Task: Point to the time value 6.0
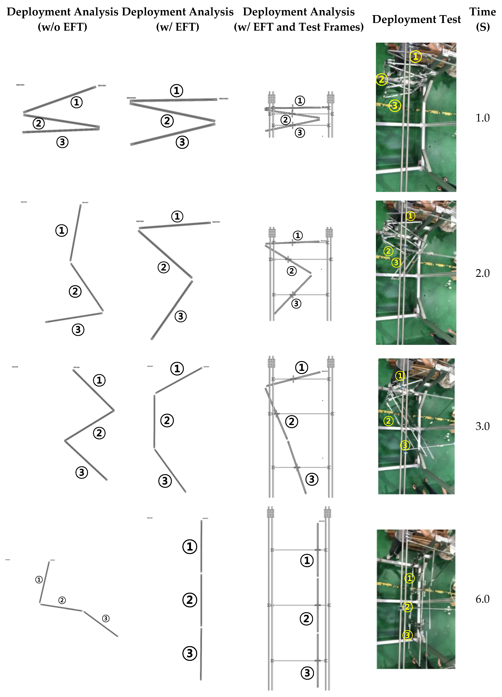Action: click(x=482, y=599)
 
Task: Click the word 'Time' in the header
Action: click(x=482, y=12)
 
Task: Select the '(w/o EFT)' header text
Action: click(x=62, y=27)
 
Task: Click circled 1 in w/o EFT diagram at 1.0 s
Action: click(x=77, y=102)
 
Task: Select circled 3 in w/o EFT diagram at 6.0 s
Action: click(x=106, y=618)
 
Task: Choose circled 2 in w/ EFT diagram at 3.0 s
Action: click(x=167, y=420)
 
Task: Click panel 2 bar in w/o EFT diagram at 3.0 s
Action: click(x=89, y=426)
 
